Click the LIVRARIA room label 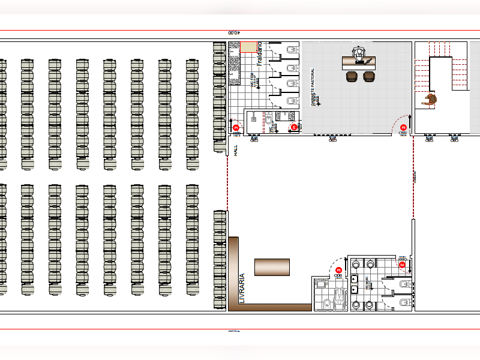coord(242,289)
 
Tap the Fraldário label coord(259,53)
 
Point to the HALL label coord(236,151)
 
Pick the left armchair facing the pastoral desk coord(352,76)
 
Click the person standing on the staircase coord(430,100)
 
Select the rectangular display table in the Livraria coord(272,267)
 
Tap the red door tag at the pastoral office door coord(403,127)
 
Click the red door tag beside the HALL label coord(236,128)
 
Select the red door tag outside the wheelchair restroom coord(338,270)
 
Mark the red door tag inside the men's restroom coord(402,264)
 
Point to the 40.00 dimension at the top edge coord(233,33)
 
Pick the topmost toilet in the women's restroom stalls coord(292,49)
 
